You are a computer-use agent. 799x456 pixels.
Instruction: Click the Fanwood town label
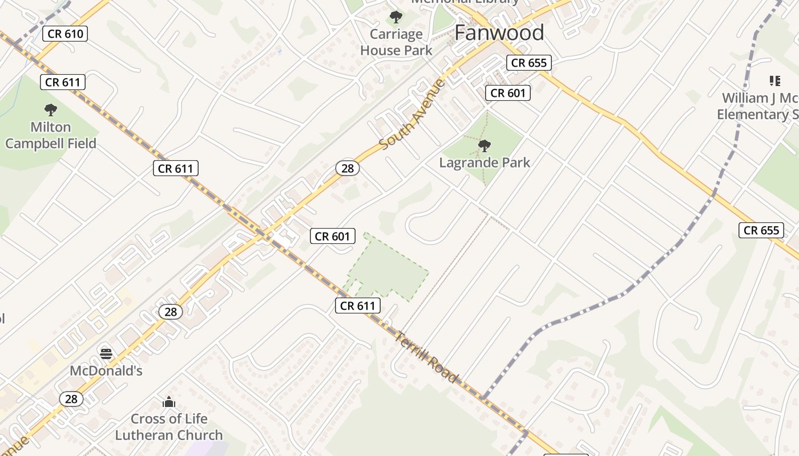click(x=499, y=33)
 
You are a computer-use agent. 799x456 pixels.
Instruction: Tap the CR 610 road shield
click(x=66, y=34)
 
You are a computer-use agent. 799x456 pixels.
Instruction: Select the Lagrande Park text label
click(x=485, y=162)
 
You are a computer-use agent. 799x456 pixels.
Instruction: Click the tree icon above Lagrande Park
click(x=485, y=146)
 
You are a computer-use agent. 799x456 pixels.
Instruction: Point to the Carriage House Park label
click(x=396, y=42)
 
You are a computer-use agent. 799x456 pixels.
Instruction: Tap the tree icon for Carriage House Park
click(x=396, y=17)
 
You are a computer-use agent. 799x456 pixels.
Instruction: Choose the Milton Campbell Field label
click(x=51, y=135)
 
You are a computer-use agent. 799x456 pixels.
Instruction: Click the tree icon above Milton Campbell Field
click(x=51, y=109)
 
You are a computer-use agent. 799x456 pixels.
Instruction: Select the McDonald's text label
click(x=106, y=370)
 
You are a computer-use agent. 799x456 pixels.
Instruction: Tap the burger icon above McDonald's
click(x=106, y=354)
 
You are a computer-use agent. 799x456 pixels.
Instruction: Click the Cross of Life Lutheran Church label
click(x=169, y=427)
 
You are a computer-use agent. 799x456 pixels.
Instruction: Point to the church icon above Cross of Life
click(x=168, y=402)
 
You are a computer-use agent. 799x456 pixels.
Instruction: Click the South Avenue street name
click(x=412, y=115)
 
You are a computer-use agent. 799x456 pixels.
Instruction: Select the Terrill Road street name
click(x=426, y=357)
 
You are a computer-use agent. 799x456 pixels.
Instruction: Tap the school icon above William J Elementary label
click(x=774, y=81)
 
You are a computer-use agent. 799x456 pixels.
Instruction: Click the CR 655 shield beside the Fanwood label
click(x=529, y=63)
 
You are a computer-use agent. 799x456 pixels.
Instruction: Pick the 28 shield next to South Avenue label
click(x=347, y=168)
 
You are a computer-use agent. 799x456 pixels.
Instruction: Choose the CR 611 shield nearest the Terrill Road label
click(x=358, y=306)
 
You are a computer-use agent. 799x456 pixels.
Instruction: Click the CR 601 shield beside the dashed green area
click(x=333, y=236)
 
